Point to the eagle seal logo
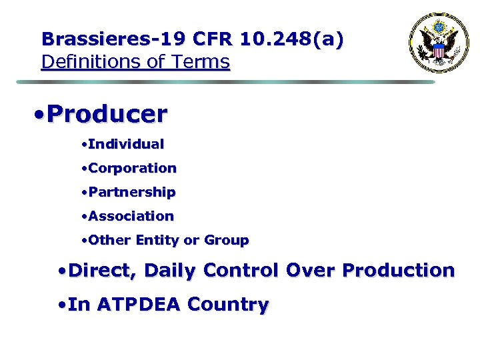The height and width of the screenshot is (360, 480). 439,43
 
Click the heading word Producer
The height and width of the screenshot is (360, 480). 107,114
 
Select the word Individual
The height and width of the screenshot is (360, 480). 125,144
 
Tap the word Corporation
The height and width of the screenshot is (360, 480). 132,168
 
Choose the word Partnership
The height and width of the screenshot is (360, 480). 131,192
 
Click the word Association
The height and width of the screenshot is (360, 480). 131,216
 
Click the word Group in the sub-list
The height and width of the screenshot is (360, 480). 226,240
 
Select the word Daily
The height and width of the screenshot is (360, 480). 170,271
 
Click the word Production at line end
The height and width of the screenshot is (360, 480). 398,271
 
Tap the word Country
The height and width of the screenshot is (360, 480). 229,305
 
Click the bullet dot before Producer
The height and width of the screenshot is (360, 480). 39,115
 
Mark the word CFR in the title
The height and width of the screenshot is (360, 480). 213,39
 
